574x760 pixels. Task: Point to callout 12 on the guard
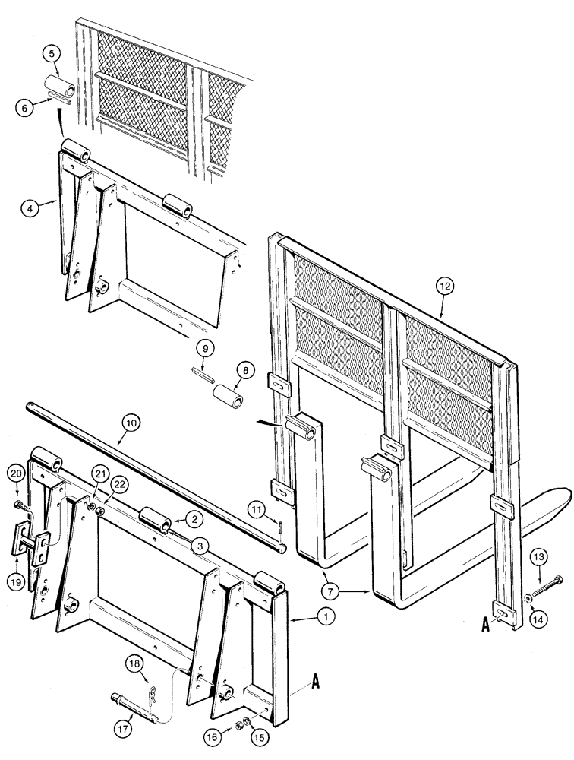(x=445, y=287)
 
